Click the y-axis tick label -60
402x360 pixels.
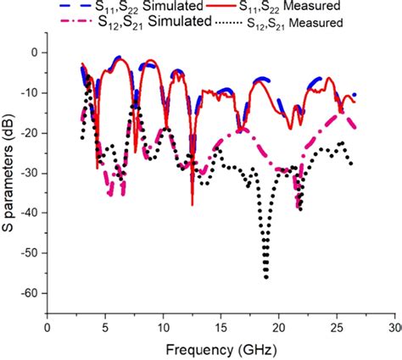click(31, 293)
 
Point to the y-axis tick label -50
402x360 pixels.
click(31, 253)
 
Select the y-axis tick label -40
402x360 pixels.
click(31, 213)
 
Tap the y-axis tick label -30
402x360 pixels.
click(31, 173)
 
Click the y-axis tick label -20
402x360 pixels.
click(31, 133)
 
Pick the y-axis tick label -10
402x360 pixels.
click(31, 92)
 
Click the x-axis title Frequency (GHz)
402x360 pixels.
click(221, 348)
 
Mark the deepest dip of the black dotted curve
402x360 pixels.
click(265, 276)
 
